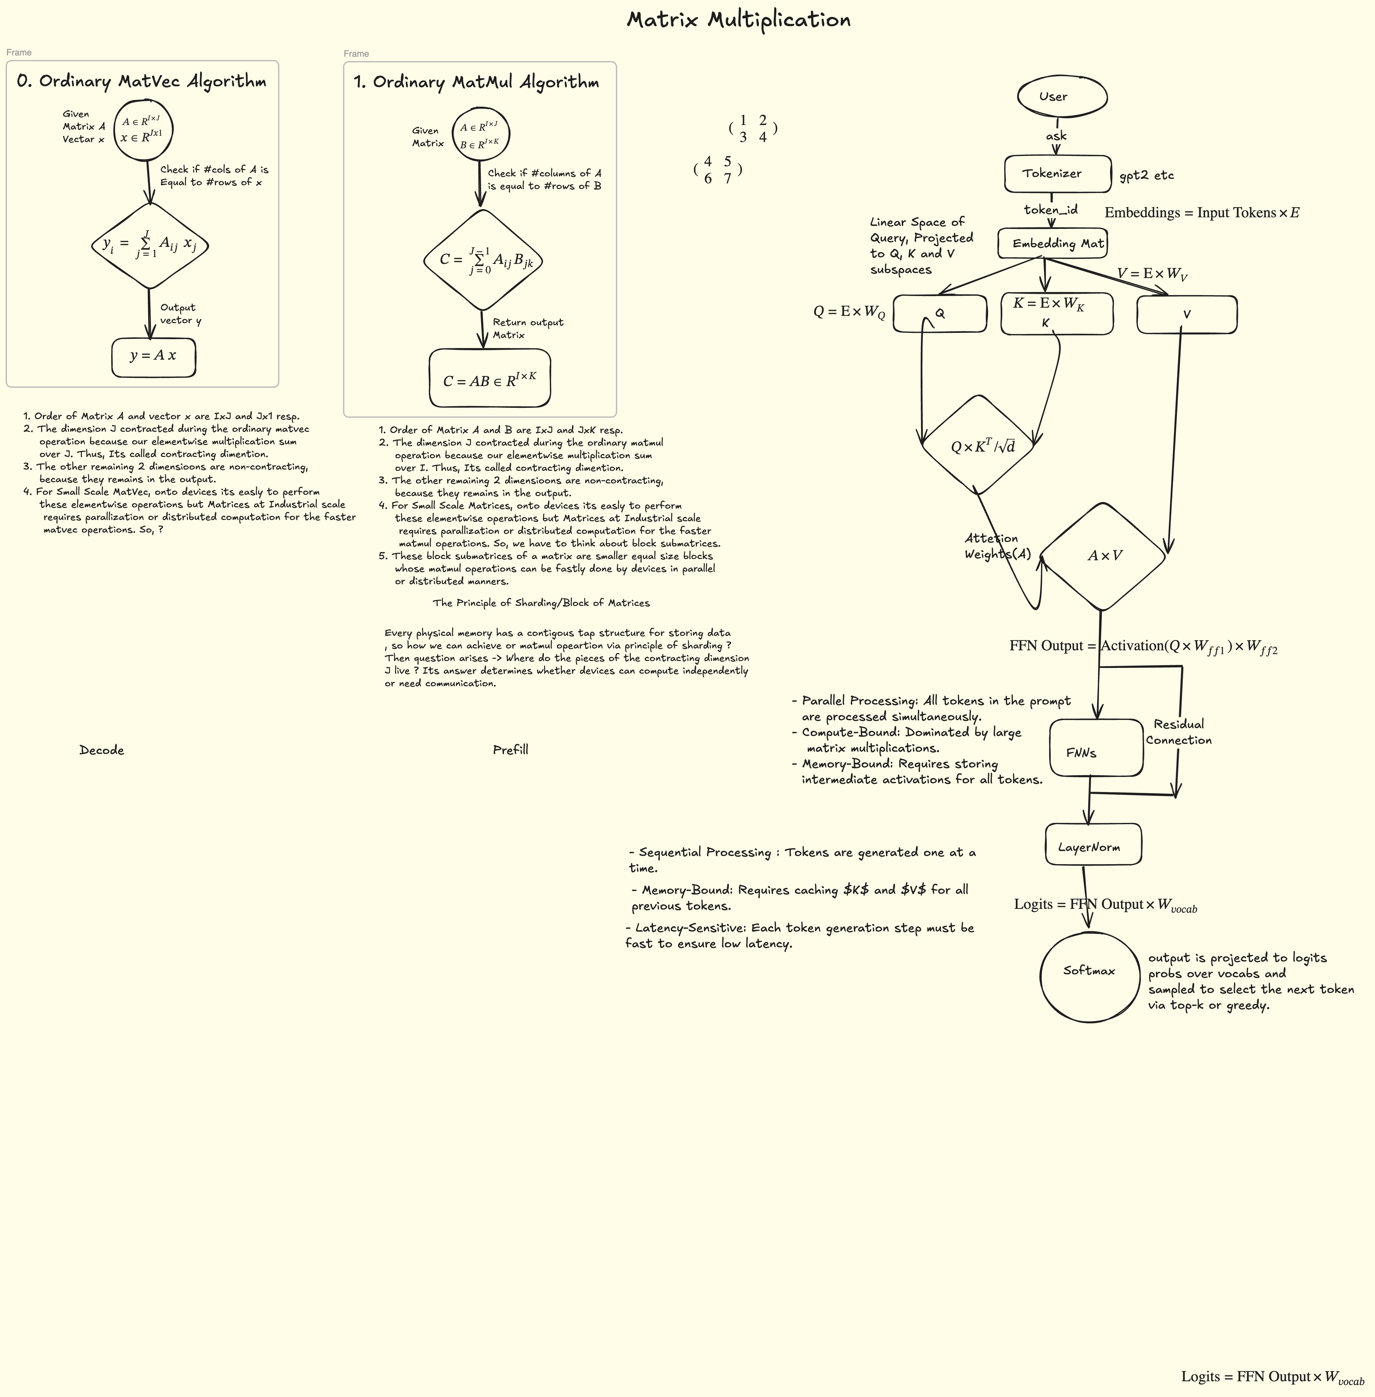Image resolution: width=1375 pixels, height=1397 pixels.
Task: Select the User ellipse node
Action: [1062, 96]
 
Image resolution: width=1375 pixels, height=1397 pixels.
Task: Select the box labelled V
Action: [1187, 314]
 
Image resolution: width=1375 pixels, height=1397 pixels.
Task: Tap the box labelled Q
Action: [940, 313]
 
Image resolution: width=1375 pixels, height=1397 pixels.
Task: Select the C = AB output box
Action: [490, 378]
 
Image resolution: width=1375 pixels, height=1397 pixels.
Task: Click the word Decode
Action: [102, 750]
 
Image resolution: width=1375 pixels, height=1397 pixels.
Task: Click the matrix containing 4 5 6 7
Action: [718, 170]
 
